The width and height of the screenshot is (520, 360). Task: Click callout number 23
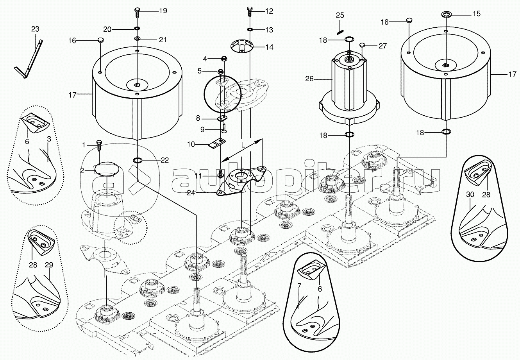point(35,29)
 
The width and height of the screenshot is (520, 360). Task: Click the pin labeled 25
point(340,28)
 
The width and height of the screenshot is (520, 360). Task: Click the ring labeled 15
point(446,14)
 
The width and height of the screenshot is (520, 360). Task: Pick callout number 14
point(269,47)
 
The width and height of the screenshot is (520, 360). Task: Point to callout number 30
point(470,195)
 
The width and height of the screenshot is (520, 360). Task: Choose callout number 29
point(49,265)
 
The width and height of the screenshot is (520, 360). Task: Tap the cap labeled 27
point(362,45)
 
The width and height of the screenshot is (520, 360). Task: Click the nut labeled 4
point(224,59)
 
